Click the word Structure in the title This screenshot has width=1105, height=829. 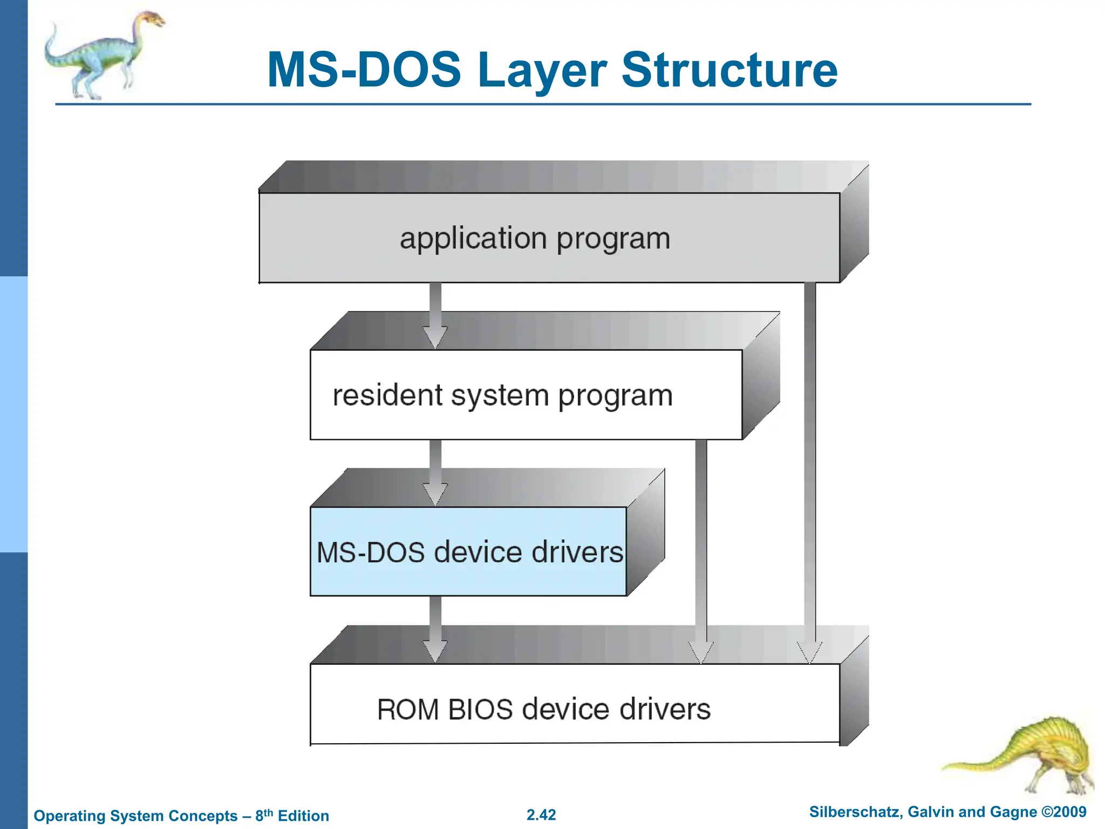[x=729, y=70]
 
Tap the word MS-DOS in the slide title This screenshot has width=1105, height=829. [x=364, y=70]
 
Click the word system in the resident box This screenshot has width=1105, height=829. [x=499, y=396]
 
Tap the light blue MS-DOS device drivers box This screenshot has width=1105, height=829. [x=468, y=552]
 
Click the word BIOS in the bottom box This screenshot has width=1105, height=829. [x=480, y=709]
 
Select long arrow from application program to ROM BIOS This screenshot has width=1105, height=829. [x=809, y=459]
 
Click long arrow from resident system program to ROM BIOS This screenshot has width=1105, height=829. [x=701, y=540]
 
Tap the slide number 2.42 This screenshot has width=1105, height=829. [x=541, y=815]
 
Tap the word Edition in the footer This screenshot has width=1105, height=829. [x=303, y=816]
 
